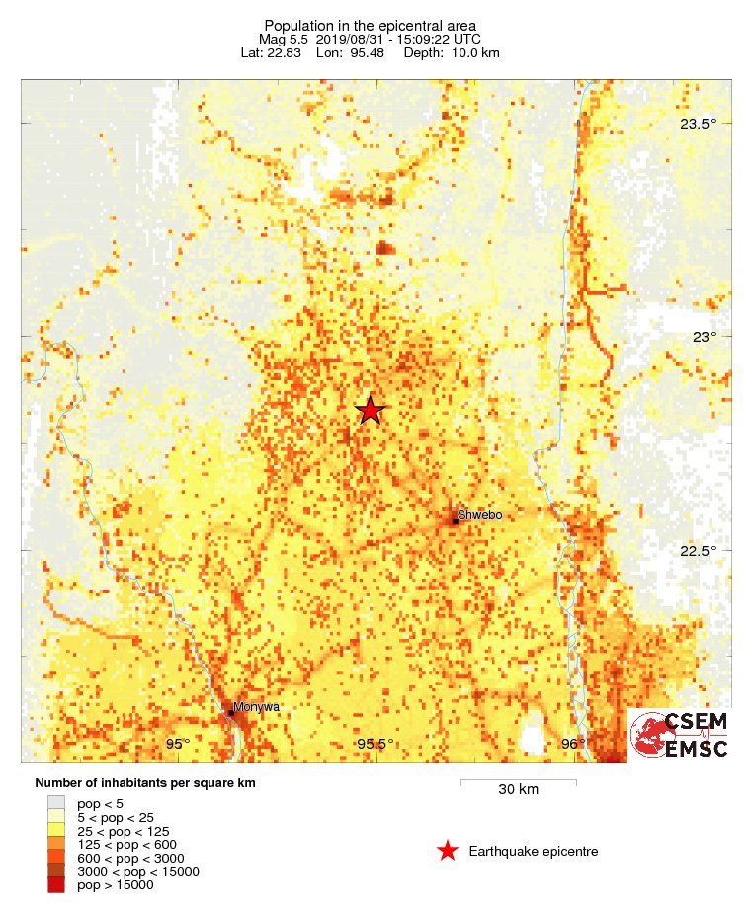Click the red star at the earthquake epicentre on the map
[370, 411]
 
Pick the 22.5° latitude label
[698, 551]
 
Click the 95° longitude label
[178, 744]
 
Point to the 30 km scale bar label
[518, 790]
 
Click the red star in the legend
[448, 851]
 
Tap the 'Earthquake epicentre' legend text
[534, 852]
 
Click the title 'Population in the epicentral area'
[371, 25]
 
